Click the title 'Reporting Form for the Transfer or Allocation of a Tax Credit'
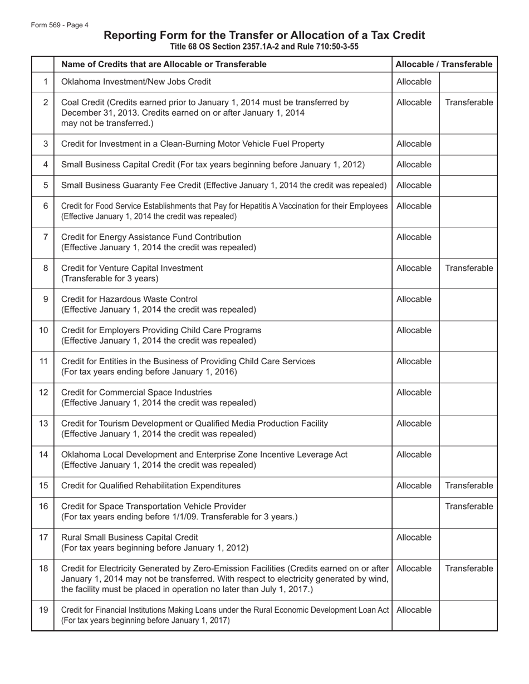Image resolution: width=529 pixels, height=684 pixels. click(x=264, y=36)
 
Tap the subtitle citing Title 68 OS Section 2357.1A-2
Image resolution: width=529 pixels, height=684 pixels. click(x=264, y=47)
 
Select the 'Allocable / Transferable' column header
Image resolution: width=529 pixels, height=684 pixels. click(x=444, y=65)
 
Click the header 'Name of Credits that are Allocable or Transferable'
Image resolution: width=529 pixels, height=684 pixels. click(x=163, y=65)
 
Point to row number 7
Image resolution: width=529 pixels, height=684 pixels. click(x=45, y=237)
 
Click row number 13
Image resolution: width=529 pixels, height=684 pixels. click(x=43, y=424)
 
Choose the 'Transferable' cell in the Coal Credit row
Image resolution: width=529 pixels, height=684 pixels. click(x=469, y=103)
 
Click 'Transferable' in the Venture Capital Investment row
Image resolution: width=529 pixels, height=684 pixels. click(x=469, y=269)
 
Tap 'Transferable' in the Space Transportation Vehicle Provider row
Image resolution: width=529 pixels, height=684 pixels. click(x=469, y=507)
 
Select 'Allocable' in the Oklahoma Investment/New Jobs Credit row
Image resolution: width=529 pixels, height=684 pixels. click(x=414, y=82)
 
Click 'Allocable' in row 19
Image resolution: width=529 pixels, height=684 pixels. click(x=414, y=610)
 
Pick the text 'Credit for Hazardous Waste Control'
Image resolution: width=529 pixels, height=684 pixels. click(x=129, y=299)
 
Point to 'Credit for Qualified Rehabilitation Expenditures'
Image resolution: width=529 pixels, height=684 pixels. click(x=150, y=486)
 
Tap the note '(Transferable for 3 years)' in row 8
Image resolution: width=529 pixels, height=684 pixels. click(x=110, y=279)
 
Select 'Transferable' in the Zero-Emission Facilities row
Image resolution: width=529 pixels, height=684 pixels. click(x=469, y=569)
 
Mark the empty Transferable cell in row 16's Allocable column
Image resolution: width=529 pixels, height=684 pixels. click(x=415, y=512)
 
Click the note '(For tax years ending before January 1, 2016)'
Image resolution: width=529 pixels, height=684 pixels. click(x=149, y=372)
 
